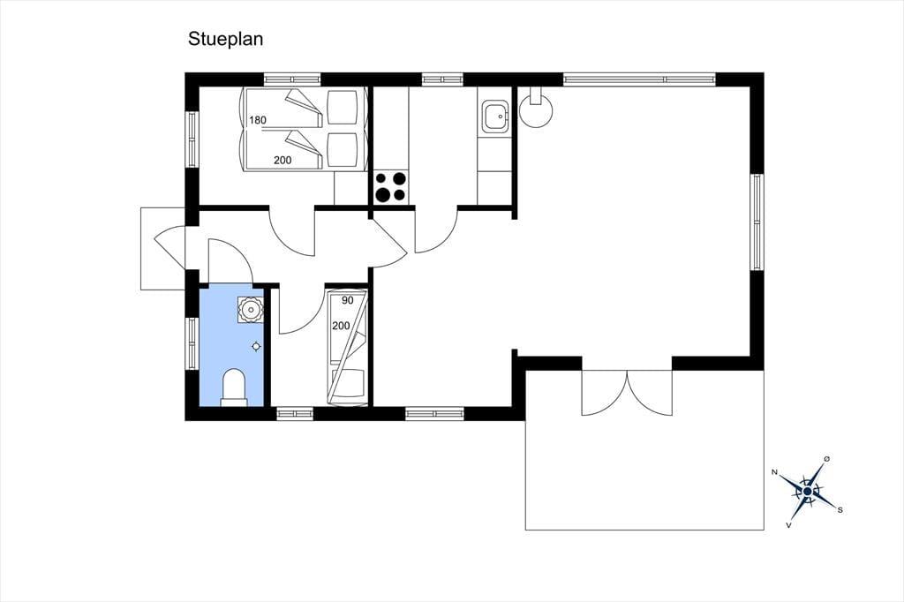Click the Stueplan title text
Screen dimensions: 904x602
pyautogui.click(x=225, y=39)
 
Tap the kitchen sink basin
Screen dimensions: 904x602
pyautogui.click(x=494, y=116)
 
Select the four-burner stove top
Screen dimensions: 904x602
pyautogui.click(x=390, y=187)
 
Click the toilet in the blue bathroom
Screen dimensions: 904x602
pyautogui.click(x=233, y=388)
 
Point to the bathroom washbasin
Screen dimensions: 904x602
pyautogui.click(x=250, y=310)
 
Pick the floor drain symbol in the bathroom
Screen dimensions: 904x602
pyautogui.click(x=256, y=347)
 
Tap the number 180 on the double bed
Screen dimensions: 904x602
pyautogui.click(x=258, y=120)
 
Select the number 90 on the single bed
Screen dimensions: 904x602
pyautogui.click(x=347, y=300)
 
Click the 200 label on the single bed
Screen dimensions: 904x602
pyautogui.click(x=341, y=326)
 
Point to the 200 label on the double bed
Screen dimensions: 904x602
pyautogui.click(x=282, y=161)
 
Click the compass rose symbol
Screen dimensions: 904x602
pyautogui.click(x=808, y=491)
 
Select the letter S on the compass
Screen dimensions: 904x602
pyautogui.click(x=840, y=509)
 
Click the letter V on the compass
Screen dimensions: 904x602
pyautogui.click(x=788, y=525)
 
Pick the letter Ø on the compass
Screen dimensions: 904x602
pyautogui.click(x=826, y=458)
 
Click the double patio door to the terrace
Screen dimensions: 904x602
pyautogui.click(x=627, y=392)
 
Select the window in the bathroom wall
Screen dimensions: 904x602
pyautogui.click(x=192, y=343)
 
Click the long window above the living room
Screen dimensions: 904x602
pyautogui.click(x=639, y=79)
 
